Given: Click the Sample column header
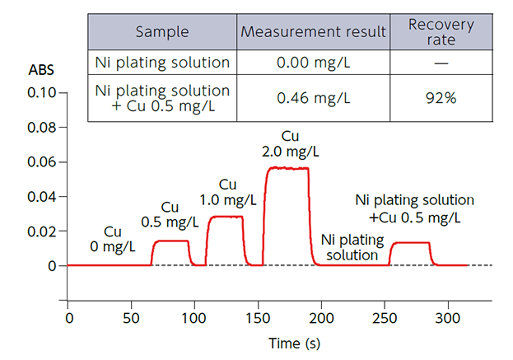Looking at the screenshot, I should coord(161,32).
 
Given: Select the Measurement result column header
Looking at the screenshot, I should coord(313,32).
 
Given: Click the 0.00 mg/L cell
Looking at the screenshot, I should coord(313,63).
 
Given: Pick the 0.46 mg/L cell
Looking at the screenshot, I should coord(313,98).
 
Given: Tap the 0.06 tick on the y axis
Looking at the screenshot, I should coord(43,162).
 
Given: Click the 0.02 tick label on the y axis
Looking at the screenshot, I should coord(43,231).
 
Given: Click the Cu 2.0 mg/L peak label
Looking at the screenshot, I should coord(289,143).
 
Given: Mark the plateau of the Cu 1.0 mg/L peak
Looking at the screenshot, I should coord(225,217).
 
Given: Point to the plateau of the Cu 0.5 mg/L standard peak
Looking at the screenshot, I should coord(171,241).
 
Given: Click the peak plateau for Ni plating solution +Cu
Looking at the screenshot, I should coord(410,242).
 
